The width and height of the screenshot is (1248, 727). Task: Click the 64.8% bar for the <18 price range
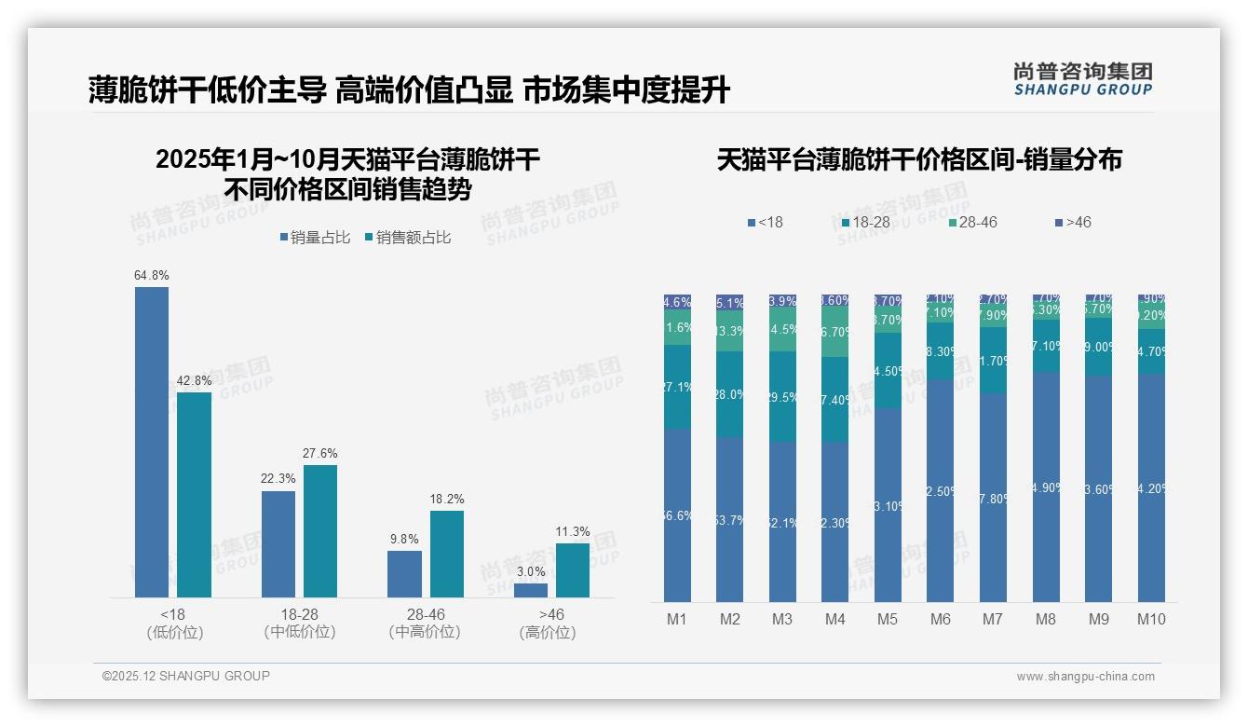pos(152,442)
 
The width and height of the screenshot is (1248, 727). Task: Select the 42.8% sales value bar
pos(195,494)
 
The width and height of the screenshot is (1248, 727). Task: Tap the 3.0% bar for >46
pos(531,590)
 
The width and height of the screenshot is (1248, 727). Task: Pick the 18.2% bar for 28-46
pos(447,554)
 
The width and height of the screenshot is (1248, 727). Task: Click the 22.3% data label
pos(278,478)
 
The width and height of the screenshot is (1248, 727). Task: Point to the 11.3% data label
pos(573,531)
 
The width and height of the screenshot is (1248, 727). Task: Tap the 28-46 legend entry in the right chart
pos(972,222)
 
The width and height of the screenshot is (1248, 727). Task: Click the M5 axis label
pos(888,619)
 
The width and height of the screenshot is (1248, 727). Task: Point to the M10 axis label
pos(1151,619)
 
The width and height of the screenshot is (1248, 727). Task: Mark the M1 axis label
pos(677,619)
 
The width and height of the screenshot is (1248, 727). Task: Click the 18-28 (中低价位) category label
pos(299,623)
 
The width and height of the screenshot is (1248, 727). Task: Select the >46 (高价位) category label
pos(547,623)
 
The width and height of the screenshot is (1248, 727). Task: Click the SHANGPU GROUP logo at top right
pos(1082,79)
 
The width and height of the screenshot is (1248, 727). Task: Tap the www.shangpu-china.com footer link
pos(1085,677)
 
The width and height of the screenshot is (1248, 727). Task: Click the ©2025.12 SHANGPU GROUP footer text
pos(186,676)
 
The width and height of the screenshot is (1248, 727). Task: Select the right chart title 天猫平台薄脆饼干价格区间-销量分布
pos(919,160)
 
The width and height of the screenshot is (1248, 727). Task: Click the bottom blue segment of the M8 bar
pos(1046,487)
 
